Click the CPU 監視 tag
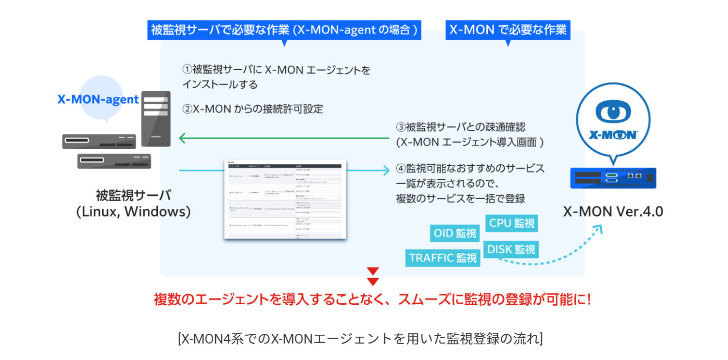[511, 223]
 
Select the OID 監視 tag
[455, 233]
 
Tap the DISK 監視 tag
[511, 249]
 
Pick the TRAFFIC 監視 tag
[443, 258]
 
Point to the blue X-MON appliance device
[613, 178]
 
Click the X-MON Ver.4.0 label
[613, 211]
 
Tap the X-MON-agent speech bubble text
[98, 99]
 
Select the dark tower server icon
[155, 118]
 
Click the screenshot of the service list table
[285, 199]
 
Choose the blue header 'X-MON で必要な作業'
[508, 30]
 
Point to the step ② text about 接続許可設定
[252, 109]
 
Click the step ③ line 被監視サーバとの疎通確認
[460, 127]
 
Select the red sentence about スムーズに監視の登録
[372, 298]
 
